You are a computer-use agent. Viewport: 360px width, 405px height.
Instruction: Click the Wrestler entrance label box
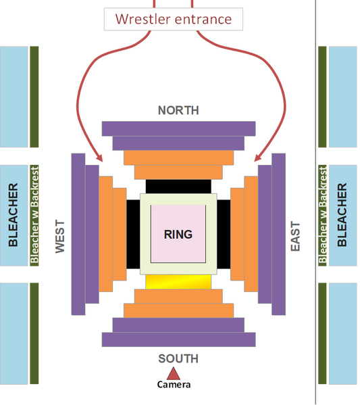click(174, 19)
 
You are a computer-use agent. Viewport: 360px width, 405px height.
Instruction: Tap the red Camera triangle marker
click(174, 374)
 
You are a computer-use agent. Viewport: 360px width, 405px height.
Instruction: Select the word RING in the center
click(178, 235)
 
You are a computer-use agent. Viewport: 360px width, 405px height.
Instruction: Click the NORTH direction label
click(178, 110)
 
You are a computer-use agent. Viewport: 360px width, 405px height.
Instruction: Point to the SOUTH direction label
click(178, 359)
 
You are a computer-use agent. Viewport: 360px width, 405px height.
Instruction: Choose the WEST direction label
click(60, 237)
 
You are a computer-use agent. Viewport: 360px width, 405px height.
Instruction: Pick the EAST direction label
click(295, 236)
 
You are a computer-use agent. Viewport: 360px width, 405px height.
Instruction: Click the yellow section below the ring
click(178, 282)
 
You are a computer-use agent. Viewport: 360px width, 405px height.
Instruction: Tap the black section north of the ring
click(178, 187)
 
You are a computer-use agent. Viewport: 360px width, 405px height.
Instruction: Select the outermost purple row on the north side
click(178, 128)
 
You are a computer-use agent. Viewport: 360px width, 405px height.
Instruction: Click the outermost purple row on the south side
click(178, 339)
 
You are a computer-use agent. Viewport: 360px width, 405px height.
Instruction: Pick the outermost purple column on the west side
click(78, 234)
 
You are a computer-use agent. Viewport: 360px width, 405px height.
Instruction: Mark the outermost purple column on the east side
click(279, 234)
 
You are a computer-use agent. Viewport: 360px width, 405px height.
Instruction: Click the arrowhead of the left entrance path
click(99, 158)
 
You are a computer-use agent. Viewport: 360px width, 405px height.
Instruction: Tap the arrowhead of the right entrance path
click(257, 158)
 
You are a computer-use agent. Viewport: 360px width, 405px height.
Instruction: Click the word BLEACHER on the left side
click(13, 215)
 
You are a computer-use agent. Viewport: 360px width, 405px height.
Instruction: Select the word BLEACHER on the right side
click(342, 215)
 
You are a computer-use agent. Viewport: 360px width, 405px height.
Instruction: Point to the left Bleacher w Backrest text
click(34, 215)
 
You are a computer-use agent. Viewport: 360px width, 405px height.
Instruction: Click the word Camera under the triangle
click(174, 385)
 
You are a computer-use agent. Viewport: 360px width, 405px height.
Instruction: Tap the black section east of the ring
click(224, 234)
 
